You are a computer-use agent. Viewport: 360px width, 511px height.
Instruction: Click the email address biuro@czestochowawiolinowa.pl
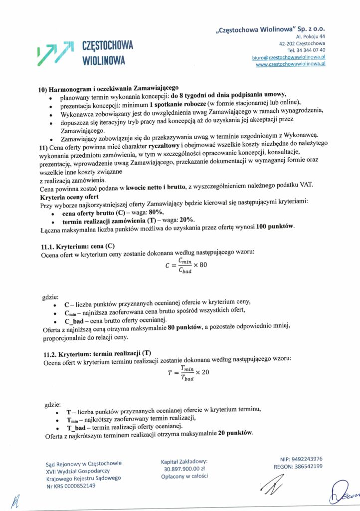tap(289, 58)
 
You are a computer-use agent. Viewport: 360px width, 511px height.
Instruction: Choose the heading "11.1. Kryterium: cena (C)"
tap(77, 246)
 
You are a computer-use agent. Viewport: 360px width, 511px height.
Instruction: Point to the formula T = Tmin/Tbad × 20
tap(188, 372)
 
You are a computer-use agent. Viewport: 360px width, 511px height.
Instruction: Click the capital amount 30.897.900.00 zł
tap(183, 469)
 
